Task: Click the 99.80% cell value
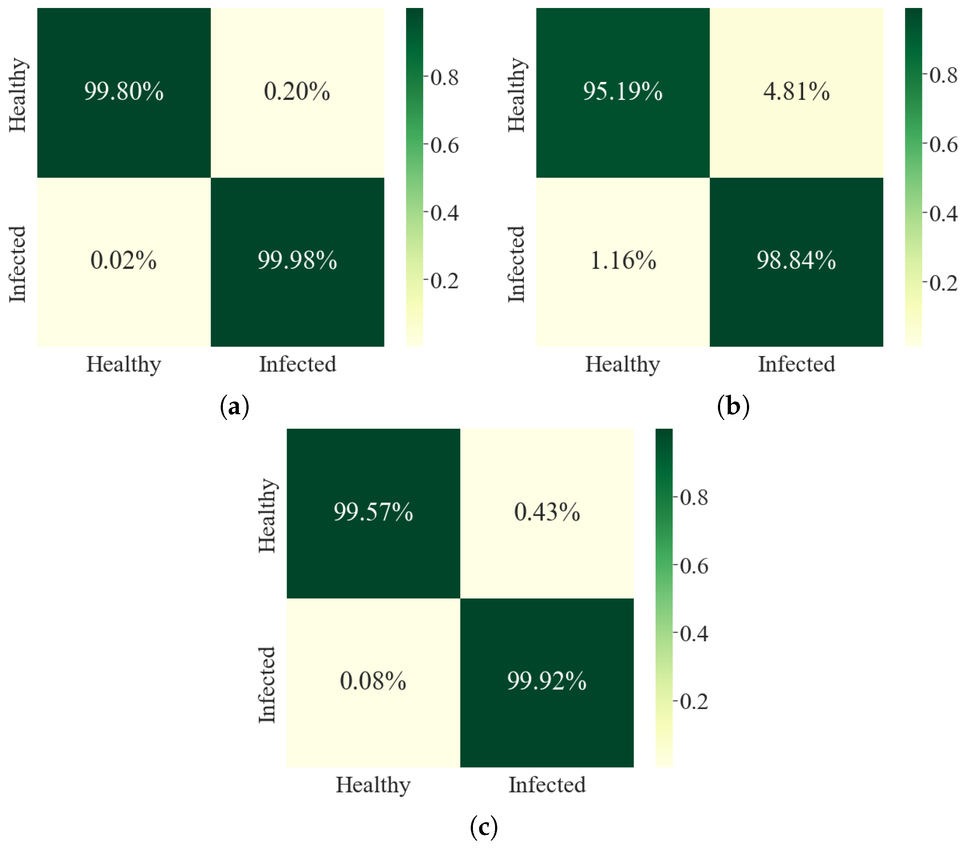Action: (124, 91)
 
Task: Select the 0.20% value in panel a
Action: (297, 91)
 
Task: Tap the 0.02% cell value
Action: (124, 260)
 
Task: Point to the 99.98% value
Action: (297, 260)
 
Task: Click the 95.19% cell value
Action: (623, 91)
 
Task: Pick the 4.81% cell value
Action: (797, 91)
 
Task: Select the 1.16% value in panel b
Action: (623, 260)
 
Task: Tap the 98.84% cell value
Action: (797, 260)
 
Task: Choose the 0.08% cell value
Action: (373, 680)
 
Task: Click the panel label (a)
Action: (234, 406)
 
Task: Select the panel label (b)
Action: (733, 406)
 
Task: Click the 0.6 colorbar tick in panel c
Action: (694, 565)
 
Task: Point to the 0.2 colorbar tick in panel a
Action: (444, 281)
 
